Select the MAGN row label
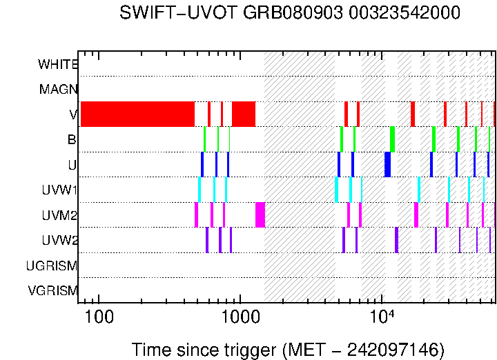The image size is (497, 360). click(58, 90)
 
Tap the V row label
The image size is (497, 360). click(72, 114)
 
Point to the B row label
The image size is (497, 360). click(72, 140)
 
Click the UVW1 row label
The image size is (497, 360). click(59, 190)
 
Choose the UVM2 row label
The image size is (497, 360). click(59, 216)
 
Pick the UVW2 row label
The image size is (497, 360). click(59, 241)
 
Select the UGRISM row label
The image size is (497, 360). click(52, 266)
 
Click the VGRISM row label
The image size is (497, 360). click(52, 291)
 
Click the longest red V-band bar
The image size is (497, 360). click(137, 114)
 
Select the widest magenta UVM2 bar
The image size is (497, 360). click(260, 214)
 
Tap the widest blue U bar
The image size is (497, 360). click(387, 164)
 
